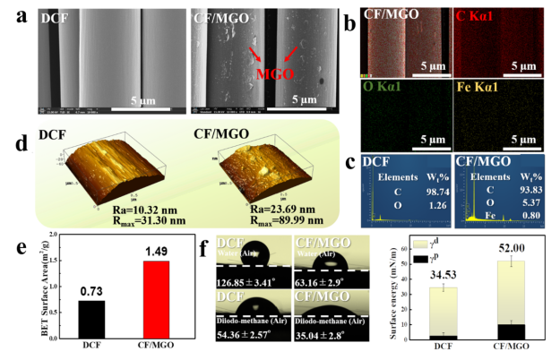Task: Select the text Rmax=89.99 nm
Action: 230,216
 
